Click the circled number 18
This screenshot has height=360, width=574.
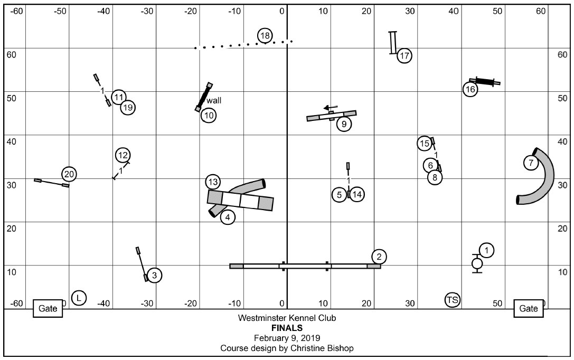[x=265, y=36]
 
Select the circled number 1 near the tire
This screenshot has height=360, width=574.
[x=486, y=250]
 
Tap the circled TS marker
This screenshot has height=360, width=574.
[x=453, y=300]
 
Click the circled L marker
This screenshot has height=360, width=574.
[x=79, y=298]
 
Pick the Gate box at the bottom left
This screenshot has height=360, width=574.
[x=48, y=309]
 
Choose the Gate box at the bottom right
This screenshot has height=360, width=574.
[x=529, y=309]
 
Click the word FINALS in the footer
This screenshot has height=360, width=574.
[x=286, y=328]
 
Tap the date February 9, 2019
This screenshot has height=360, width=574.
[x=286, y=338]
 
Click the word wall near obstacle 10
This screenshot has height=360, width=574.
[x=214, y=100]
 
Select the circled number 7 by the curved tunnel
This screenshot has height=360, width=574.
[x=531, y=163]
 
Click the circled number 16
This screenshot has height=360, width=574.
[x=470, y=90]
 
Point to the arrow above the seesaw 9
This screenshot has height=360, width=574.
[x=331, y=107]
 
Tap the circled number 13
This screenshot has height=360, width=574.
[x=213, y=182]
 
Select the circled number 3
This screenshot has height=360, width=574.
[x=154, y=275]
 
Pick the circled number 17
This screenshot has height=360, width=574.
[x=404, y=55]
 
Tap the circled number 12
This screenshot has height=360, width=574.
[x=123, y=155]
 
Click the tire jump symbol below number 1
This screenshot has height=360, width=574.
[x=477, y=263]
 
